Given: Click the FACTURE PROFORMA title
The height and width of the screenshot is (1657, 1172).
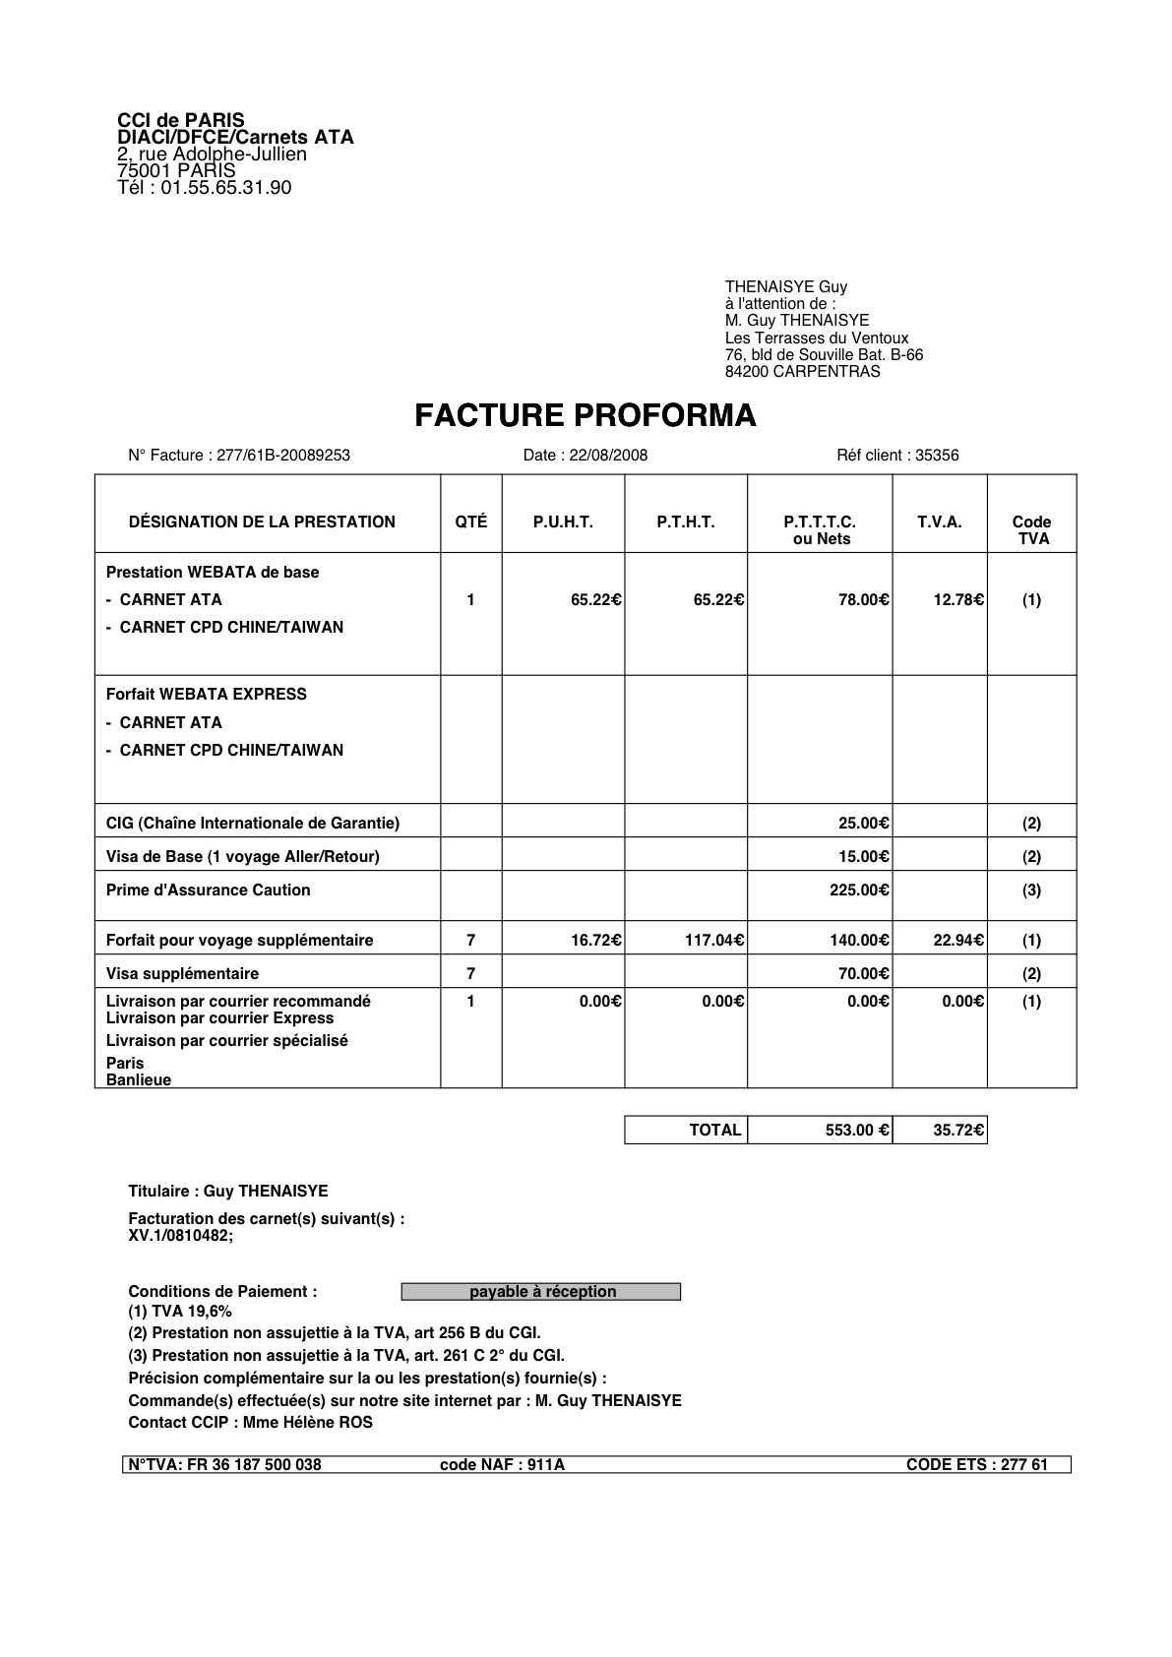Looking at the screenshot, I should point(585,416).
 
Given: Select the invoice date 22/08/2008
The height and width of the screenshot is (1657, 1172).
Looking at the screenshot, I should point(612,456).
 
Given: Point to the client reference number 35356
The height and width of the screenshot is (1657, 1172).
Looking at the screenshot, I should point(937,456).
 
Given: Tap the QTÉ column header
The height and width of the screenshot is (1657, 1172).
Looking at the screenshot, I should point(470,522).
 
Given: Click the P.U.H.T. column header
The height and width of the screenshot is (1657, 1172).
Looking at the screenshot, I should point(563,522).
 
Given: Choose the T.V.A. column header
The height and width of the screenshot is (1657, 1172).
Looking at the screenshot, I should point(939,522).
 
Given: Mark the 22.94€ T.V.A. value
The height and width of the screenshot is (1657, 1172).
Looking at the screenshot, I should point(957,941).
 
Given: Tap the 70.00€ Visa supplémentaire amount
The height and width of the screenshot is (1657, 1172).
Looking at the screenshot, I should point(863,974).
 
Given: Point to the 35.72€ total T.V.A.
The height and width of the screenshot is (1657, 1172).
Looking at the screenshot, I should point(957,1131).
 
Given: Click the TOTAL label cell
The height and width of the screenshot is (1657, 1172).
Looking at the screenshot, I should point(714,1131).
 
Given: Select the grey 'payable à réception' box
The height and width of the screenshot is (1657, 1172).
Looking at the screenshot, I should point(541,1292).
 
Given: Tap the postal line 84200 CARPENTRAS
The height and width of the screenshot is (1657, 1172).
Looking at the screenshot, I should point(802,372).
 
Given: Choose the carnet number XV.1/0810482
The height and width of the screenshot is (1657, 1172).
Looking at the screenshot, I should point(181,1236).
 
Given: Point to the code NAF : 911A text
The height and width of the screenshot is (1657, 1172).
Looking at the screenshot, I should point(502,1464).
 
